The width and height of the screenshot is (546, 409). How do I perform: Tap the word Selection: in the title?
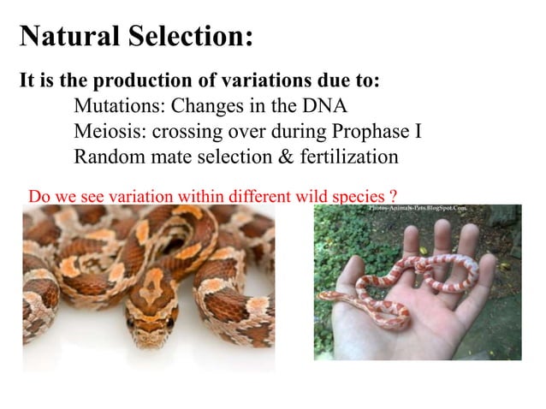click(191, 37)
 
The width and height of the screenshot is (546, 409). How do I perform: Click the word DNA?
click(326, 107)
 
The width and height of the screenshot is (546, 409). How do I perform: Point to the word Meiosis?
click(110, 133)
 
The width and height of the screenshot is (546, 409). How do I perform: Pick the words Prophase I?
click(381, 133)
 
